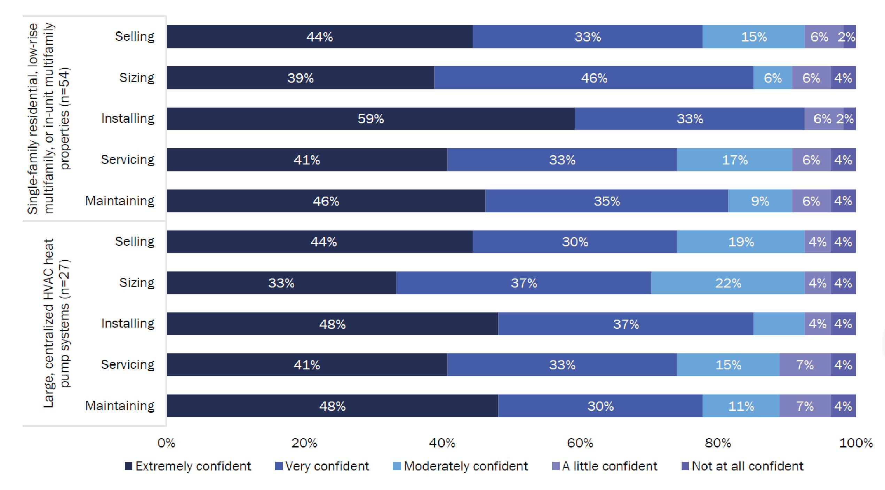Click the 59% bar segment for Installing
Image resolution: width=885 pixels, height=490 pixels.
click(371, 119)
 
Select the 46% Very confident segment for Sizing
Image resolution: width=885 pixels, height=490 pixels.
click(594, 78)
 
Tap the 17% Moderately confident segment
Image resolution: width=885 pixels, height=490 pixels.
click(734, 160)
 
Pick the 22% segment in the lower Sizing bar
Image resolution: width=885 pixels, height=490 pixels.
click(728, 283)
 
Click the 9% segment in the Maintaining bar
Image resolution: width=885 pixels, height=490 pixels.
click(760, 201)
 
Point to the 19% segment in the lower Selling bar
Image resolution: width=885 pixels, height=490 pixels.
click(741, 242)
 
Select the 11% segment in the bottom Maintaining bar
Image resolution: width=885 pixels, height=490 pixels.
click(741, 406)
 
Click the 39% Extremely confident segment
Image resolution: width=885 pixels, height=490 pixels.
click(300, 78)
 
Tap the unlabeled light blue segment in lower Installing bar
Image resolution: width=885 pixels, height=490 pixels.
click(779, 324)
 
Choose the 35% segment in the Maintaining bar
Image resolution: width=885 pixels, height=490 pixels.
click(606, 201)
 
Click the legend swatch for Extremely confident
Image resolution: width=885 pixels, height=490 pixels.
click(129, 466)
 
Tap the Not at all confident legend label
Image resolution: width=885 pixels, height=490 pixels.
click(747, 466)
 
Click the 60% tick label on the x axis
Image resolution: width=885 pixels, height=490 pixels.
click(580, 443)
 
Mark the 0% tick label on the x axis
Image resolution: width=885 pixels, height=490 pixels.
click(166, 443)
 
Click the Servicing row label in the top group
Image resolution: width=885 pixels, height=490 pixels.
click(127, 160)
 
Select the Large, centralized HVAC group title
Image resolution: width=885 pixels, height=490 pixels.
click(56, 323)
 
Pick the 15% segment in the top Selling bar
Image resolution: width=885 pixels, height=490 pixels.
click(754, 37)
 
